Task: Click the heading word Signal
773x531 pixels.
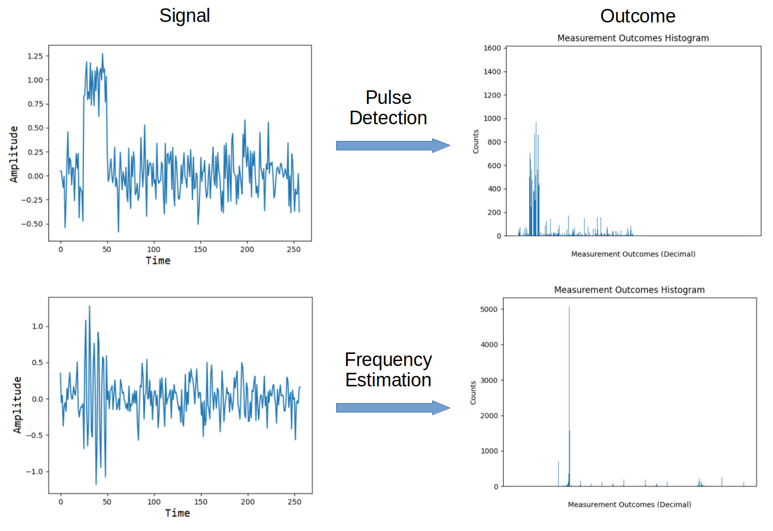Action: (x=184, y=16)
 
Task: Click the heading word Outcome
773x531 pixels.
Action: (x=637, y=16)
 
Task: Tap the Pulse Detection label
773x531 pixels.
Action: (x=388, y=108)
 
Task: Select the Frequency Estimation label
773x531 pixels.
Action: (x=388, y=370)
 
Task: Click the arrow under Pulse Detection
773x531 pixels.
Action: (x=393, y=146)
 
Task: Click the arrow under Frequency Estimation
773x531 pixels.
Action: (x=393, y=408)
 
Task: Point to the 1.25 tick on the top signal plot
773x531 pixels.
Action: (x=35, y=56)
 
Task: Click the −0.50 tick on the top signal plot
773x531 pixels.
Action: (x=32, y=224)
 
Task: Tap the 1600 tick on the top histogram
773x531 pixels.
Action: (x=492, y=48)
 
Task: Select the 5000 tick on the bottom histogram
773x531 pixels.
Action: (x=489, y=310)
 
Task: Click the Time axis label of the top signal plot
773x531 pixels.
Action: (x=158, y=261)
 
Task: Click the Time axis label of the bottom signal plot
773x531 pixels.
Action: (x=177, y=513)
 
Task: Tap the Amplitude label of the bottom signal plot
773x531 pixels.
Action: (x=17, y=405)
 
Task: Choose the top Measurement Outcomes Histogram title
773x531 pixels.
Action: (x=633, y=38)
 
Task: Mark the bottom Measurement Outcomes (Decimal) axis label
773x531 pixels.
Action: (x=629, y=504)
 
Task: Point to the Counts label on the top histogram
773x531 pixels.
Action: (x=475, y=141)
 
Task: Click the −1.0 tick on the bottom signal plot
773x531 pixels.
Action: (x=34, y=471)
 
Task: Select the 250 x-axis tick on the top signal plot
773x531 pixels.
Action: (x=294, y=250)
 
